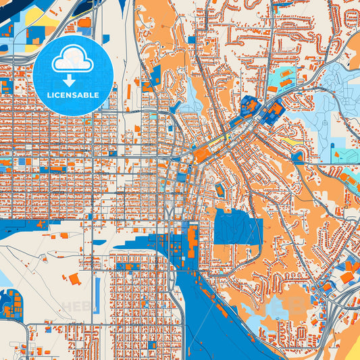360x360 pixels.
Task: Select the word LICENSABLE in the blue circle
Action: (73, 95)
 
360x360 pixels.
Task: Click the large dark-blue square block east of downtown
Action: (238, 227)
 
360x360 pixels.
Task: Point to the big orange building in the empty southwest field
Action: (73, 278)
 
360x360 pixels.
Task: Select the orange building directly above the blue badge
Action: (84, 22)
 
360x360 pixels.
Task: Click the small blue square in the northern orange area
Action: (191, 39)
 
